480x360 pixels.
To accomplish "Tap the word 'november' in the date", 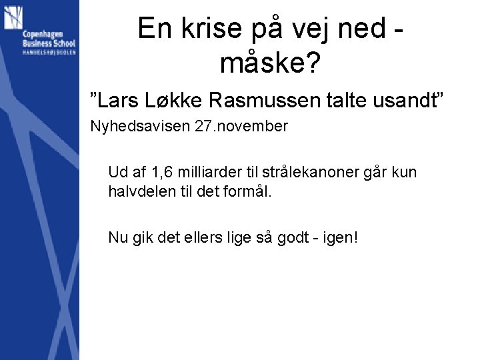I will click(x=253, y=127).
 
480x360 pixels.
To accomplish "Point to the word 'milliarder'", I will click(x=210, y=173).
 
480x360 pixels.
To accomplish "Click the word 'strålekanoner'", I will click(x=311, y=173).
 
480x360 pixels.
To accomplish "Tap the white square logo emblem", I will click(x=13, y=17).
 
